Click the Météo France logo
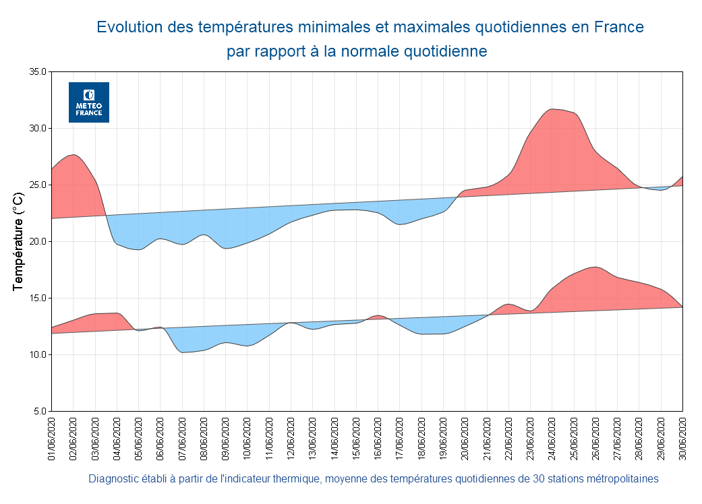[89, 102]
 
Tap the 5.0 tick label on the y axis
[40, 411]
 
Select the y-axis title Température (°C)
[19, 241]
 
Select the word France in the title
[619, 28]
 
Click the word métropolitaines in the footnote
[622, 479]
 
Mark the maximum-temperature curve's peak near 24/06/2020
[552, 108]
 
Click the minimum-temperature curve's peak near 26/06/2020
[595, 267]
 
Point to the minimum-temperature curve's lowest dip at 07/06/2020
[183, 352]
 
